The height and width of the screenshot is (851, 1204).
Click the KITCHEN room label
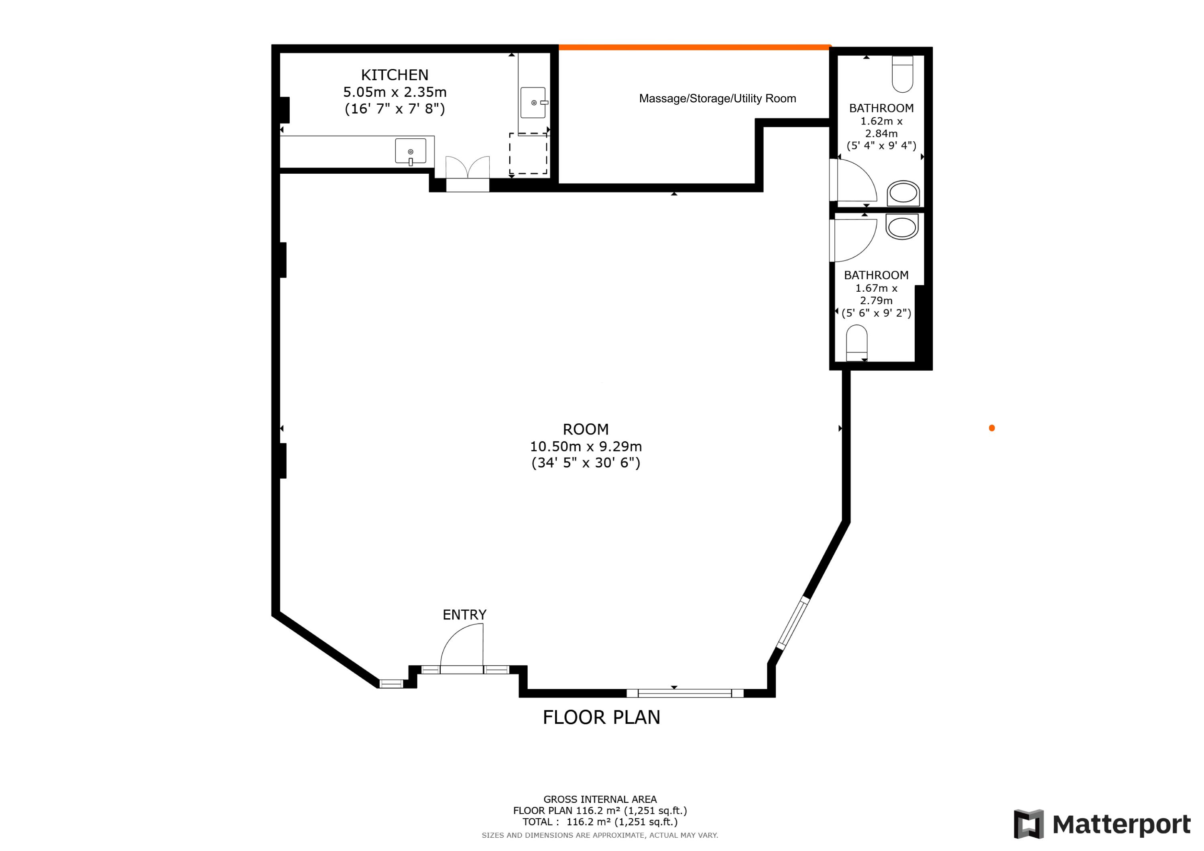point(395,75)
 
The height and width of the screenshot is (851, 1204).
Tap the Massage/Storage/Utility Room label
point(717,99)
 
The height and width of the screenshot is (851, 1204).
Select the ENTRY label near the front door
point(464,615)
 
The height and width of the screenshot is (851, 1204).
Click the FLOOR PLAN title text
point(601,717)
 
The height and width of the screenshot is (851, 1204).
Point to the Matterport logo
point(1102,824)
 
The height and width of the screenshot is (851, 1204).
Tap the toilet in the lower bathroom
point(857,343)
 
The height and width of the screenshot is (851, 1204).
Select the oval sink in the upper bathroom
point(903,193)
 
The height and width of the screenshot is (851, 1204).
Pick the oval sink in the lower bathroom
point(902,227)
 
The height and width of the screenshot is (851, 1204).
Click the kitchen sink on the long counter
point(410,151)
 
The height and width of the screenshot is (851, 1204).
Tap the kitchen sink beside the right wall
point(533,102)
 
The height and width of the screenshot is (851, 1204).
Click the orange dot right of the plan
point(992,428)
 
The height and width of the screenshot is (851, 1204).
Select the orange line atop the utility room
point(694,47)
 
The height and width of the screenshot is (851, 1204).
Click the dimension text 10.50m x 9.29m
point(585,446)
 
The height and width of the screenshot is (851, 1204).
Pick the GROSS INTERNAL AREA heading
point(600,800)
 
